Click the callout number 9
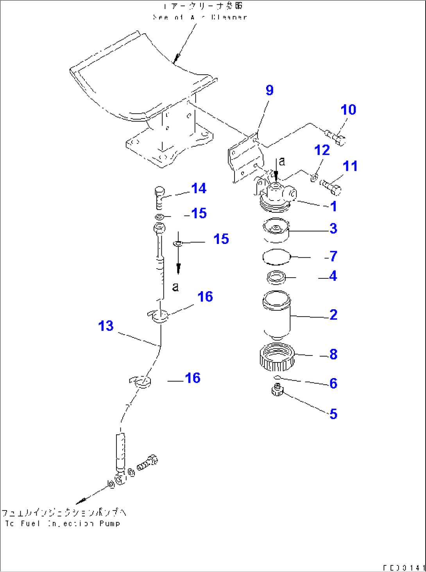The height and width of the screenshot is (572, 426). click(x=269, y=90)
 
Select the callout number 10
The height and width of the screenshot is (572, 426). click(x=348, y=110)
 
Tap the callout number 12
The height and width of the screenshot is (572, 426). click(x=322, y=150)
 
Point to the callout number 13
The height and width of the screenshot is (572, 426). click(x=106, y=326)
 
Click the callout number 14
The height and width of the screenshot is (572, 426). click(x=199, y=188)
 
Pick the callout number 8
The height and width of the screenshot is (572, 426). click(x=333, y=354)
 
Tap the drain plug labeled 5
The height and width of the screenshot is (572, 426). click(x=277, y=390)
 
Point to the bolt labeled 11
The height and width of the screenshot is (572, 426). click(x=331, y=186)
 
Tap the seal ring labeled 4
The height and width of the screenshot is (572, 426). click(x=276, y=278)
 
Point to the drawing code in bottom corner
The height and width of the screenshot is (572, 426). click(x=403, y=567)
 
